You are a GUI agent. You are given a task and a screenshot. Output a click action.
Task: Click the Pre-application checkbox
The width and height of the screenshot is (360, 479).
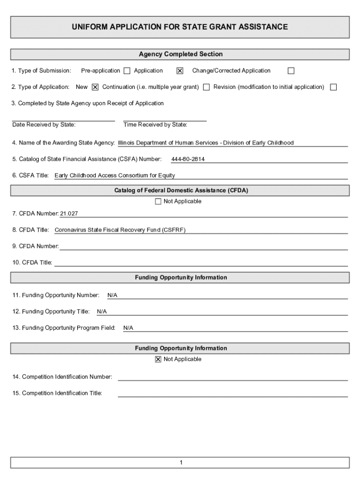coord(127,71)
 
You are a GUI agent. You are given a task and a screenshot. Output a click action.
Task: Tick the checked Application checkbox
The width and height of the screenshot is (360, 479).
coord(180,71)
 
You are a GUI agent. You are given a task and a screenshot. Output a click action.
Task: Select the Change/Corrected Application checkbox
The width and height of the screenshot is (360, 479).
coord(291,71)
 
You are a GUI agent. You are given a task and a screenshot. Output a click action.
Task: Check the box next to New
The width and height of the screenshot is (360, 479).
coord(95,87)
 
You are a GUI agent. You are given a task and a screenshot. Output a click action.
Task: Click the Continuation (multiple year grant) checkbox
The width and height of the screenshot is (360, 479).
coord(206,87)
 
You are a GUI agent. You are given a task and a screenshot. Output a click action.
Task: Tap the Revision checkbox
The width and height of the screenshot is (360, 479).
coord(333,87)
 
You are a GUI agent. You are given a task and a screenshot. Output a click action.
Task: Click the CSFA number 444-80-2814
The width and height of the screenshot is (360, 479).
coord(188,160)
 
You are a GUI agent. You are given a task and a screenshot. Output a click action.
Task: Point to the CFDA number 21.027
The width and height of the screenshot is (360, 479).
coord(69,214)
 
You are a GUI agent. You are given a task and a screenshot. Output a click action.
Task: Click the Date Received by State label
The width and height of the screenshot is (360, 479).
coord(44,125)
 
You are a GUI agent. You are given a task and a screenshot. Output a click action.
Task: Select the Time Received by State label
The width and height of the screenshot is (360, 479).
coord(155,125)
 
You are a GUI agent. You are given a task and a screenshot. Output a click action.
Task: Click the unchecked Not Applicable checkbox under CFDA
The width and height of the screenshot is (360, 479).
coord(158,202)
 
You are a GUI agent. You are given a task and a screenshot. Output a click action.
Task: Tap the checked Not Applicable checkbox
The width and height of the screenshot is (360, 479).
coord(158,359)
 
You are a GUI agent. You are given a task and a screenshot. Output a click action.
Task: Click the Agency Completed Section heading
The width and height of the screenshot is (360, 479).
coord(180,54)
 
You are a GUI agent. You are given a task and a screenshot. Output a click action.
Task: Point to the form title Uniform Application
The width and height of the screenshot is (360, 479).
coord(180,27)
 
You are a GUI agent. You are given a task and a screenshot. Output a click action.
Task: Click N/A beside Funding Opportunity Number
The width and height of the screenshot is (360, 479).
coord(112,296)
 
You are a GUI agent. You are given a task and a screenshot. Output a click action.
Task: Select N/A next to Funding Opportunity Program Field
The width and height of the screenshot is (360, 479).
coord(128,328)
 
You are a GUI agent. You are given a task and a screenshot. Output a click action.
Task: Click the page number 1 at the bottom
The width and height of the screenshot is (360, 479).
coord(180,463)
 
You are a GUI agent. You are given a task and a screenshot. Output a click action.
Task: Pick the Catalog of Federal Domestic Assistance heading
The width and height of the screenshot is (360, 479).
coord(180,190)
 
